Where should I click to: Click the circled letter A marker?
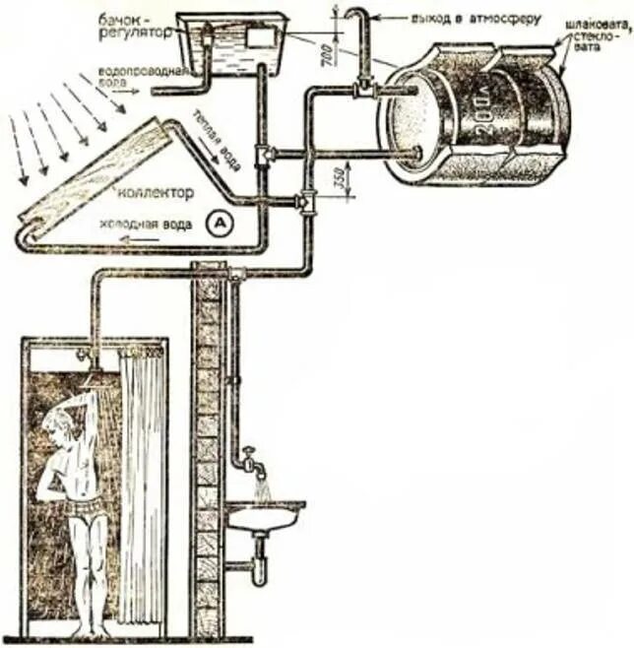[218, 224]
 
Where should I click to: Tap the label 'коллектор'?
[155, 190]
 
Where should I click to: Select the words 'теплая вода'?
[214, 134]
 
